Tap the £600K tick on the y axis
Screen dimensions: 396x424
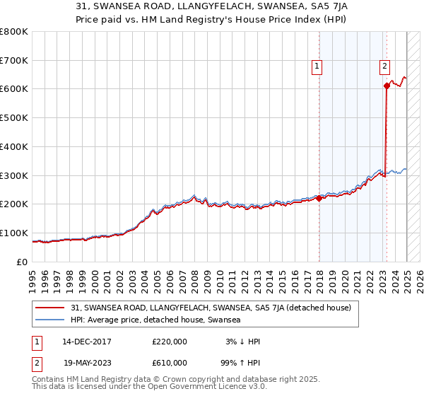tap(14, 89)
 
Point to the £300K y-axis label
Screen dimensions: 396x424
tap(14, 175)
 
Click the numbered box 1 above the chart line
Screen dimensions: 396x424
tap(317, 67)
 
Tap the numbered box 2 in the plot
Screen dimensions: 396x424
tap(384, 67)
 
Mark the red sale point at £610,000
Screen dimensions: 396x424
tap(387, 86)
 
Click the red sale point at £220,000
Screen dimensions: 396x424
tap(319, 198)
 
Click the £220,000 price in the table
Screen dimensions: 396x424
tap(170, 342)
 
